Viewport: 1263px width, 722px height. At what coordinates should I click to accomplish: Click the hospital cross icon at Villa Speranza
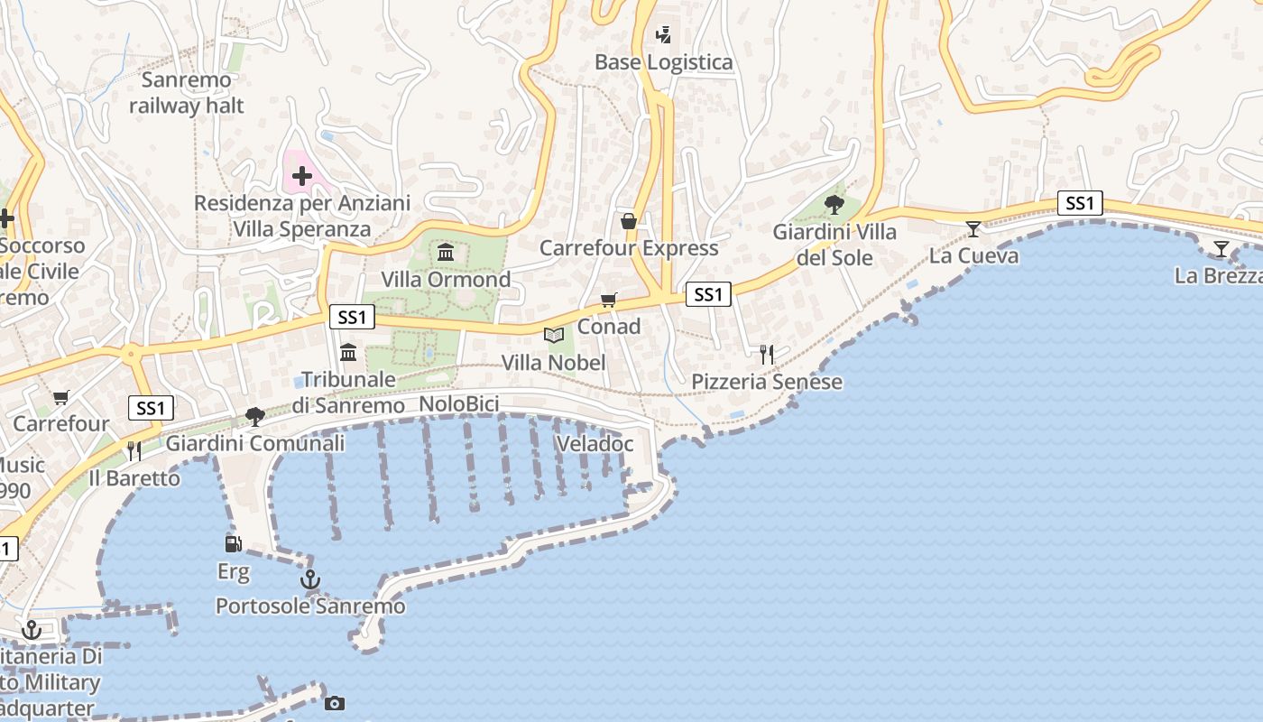coord(302,176)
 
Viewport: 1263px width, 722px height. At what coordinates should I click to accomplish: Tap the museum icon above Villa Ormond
coord(446,252)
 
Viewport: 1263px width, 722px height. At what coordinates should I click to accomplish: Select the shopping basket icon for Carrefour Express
coord(629,221)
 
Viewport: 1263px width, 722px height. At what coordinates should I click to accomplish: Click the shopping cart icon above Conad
coord(609,300)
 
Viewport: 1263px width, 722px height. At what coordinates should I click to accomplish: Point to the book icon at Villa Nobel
coord(554,336)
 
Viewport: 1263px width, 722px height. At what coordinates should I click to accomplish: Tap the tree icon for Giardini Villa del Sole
coord(834,205)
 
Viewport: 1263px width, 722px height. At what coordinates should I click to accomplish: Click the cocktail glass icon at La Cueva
coord(973,228)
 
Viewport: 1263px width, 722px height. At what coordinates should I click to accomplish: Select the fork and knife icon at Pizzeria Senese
coord(767,355)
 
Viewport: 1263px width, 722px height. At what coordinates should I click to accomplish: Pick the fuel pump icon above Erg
coord(234,543)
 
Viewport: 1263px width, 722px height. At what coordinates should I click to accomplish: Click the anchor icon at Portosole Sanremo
coord(310,579)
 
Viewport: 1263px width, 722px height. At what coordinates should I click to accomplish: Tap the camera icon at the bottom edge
coord(335,703)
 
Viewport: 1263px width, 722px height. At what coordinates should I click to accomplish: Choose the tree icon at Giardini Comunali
coord(255,416)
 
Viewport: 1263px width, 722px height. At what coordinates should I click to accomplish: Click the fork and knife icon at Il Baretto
coord(134,450)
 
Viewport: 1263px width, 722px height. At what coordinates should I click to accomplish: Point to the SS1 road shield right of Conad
coord(708,294)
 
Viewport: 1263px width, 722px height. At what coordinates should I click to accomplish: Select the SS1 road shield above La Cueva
coord(1080,203)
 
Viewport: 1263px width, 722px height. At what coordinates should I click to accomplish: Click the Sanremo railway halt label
coord(187,92)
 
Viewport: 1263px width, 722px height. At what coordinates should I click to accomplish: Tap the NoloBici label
coord(459,404)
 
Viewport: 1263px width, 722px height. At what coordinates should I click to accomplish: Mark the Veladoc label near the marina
coord(595,444)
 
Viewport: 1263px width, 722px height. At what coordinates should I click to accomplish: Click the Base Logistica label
coord(663,62)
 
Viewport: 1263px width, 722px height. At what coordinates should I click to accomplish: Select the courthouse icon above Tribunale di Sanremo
coord(348,352)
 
